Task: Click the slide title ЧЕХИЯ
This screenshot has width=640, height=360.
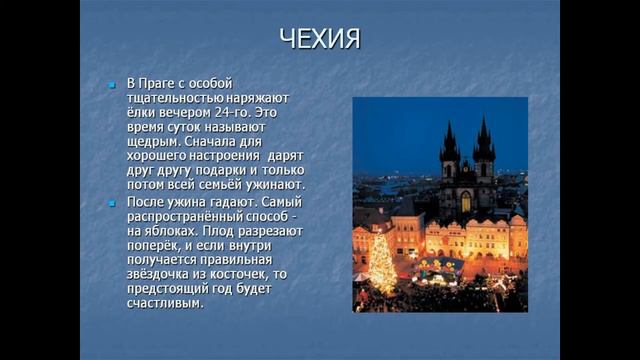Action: tap(319, 41)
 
